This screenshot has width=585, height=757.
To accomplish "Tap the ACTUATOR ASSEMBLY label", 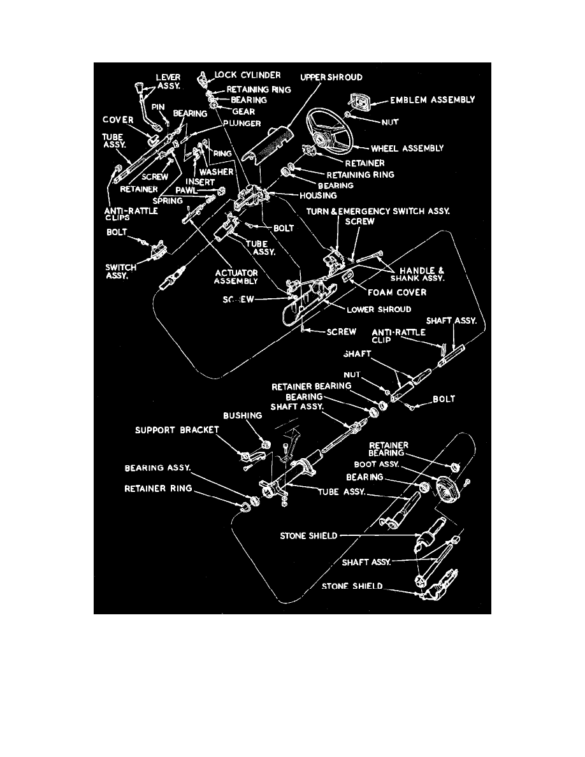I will click(236, 277).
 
